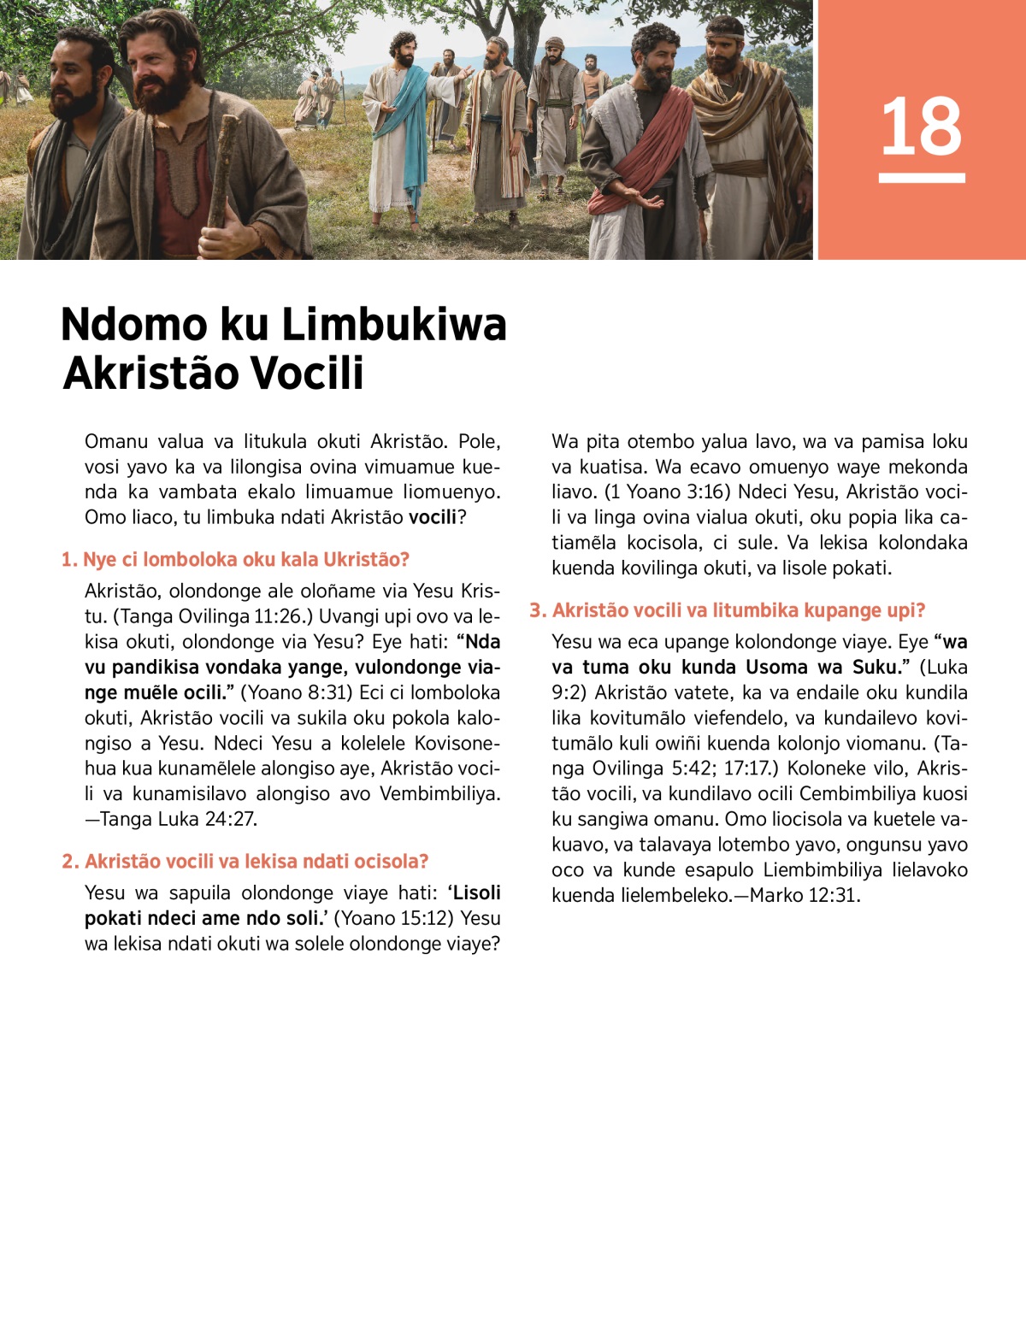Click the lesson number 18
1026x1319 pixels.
922,127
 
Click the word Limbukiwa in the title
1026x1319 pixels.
394,325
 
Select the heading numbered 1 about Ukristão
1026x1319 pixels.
235,560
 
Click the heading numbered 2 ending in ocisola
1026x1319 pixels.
245,862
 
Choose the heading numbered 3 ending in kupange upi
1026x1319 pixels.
728,610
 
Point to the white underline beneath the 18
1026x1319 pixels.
922,179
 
